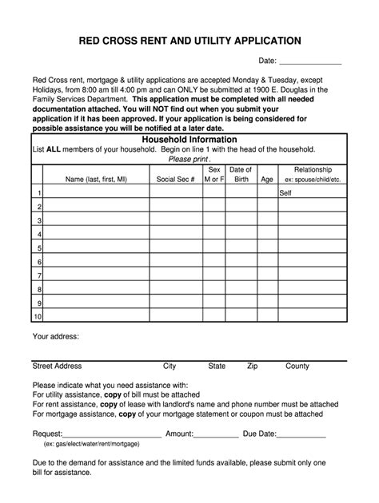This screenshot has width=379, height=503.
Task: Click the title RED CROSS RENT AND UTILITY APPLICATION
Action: click(x=189, y=40)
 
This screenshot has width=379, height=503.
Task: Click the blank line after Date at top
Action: click(x=309, y=61)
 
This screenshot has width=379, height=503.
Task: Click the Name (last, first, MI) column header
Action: click(x=96, y=180)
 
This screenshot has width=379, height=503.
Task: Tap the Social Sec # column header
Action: click(x=175, y=180)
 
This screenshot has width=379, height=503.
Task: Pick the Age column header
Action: click(x=267, y=180)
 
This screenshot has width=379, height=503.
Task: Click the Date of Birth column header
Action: click(x=241, y=175)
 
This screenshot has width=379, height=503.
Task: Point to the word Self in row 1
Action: click(x=285, y=193)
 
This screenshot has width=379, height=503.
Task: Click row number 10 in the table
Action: click(x=36, y=317)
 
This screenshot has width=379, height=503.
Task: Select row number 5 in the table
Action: click(x=38, y=248)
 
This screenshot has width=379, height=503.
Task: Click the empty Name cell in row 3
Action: click(x=96, y=220)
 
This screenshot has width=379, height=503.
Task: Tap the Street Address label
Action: click(x=57, y=366)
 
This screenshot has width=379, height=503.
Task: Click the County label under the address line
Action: click(x=297, y=366)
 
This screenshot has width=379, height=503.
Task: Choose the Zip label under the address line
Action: click(x=253, y=366)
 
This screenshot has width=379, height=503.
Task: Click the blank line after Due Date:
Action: click(x=301, y=435)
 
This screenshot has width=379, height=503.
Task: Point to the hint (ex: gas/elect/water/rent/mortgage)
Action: click(x=92, y=444)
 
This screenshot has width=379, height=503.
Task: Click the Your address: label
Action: click(x=55, y=336)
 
